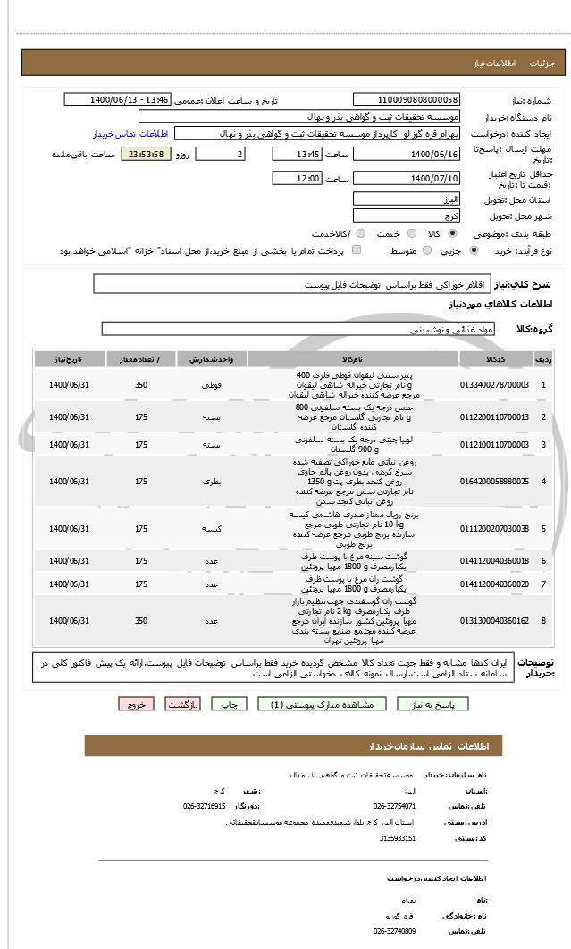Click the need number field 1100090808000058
click(x=407, y=100)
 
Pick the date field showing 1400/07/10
click(x=407, y=179)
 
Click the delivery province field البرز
click(x=407, y=198)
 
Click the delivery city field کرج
click(x=407, y=216)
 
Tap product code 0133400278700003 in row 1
click(x=494, y=384)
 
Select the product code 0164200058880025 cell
click(x=494, y=482)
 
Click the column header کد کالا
click(x=494, y=359)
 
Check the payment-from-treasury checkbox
click(x=357, y=251)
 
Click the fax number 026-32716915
click(x=204, y=806)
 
